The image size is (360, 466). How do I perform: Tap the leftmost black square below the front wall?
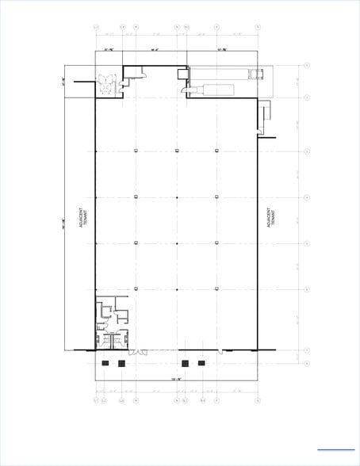105,363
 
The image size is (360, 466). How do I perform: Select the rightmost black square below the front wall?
202,363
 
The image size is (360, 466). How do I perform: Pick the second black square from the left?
121,363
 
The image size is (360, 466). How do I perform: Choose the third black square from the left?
185,363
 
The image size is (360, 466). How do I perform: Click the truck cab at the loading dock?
255,74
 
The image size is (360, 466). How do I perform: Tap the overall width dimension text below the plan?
176,381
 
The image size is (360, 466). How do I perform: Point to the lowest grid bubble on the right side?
306,363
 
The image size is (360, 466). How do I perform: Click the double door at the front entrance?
138,351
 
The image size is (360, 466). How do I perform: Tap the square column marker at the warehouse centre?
176,197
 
